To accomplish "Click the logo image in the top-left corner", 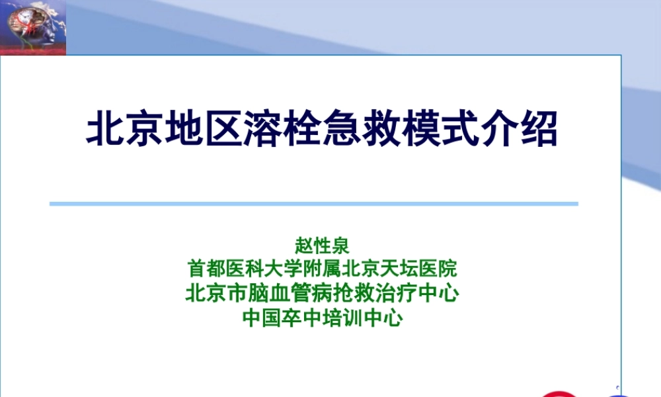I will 33,27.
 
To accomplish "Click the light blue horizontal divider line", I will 314,204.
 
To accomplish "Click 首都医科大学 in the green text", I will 242,269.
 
